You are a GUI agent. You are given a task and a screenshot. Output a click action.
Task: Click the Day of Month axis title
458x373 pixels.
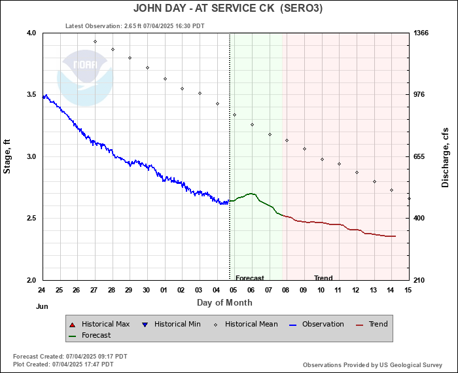pyautogui.click(x=224, y=302)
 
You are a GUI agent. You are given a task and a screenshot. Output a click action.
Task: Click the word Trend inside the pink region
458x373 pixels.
pyautogui.click(x=323, y=278)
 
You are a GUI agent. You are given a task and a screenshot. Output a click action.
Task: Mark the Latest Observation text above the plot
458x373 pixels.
pyautogui.click(x=135, y=26)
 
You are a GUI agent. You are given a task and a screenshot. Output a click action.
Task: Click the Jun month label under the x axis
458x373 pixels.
pyautogui.click(x=42, y=306)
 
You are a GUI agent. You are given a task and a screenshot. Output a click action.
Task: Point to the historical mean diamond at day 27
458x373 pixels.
pyautogui.click(x=95, y=42)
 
